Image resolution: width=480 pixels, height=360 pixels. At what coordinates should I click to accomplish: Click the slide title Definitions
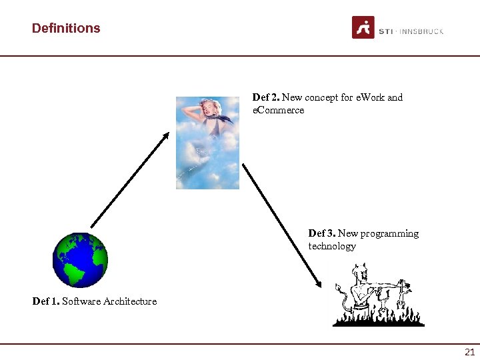coord(66,28)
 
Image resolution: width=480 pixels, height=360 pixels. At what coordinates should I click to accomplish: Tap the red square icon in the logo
coord(363,27)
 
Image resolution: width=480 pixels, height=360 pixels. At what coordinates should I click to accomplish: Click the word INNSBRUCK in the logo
coord(421,31)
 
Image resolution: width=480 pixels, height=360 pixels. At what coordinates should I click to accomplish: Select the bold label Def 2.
coord(266,97)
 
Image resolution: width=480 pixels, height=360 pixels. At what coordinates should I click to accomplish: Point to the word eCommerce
coord(278,110)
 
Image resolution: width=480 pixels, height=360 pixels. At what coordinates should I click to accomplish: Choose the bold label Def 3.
coord(322,233)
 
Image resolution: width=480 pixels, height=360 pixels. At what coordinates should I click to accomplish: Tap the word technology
coord(332,246)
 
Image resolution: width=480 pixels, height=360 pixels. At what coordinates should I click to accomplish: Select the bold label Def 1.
coord(45,301)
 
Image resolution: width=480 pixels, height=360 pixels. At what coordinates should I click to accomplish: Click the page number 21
coord(469,352)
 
